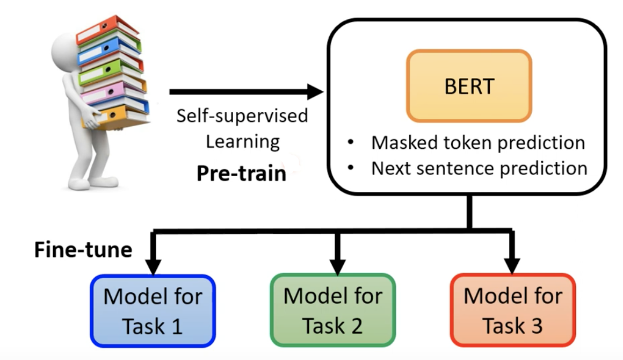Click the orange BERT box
[x=469, y=86]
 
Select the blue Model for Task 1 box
[x=153, y=310]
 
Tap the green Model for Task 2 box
[x=332, y=310]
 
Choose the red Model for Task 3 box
[x=512, y=310]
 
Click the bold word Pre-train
[x=241, y=173]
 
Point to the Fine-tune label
[x=83, y=250]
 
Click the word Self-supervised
[x=242, y=116]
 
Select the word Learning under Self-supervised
[x=243, y=142]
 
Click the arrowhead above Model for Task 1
[x=154, y=267]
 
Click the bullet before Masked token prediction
[x=351, y=143]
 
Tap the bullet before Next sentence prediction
[x=351, y=168]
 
